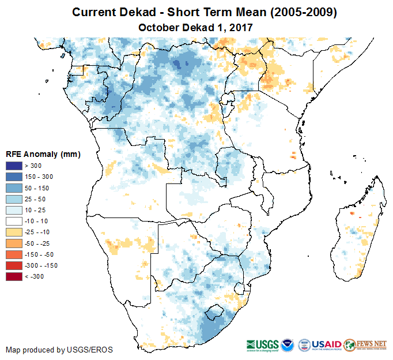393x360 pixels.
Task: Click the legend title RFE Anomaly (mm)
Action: (x=43, y=154)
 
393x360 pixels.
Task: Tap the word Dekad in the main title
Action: (x=139, y=12)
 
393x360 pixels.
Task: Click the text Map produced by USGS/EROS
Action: (x=59, y=350)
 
